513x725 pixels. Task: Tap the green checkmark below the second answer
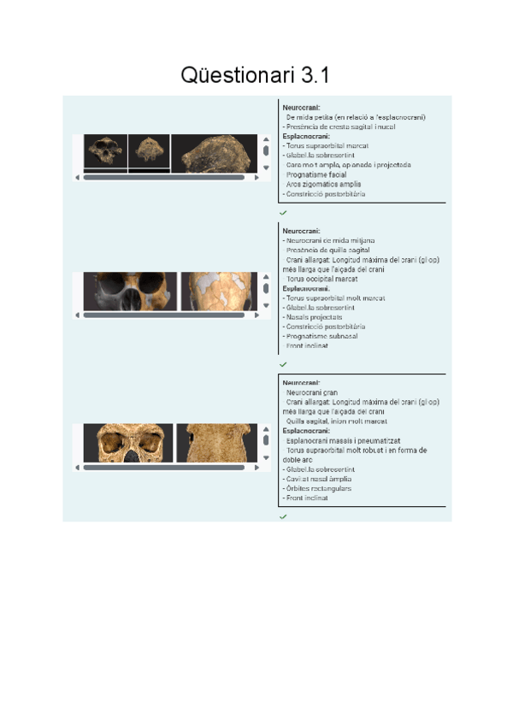point(283,364)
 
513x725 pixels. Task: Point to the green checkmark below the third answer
point(283,517)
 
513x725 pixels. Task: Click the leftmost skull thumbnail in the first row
point(106,151)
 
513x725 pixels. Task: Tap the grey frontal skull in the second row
point(134,292)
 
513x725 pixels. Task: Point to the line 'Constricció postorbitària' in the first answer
point(326,194)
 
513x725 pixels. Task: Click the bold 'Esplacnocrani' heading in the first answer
point(306,136)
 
